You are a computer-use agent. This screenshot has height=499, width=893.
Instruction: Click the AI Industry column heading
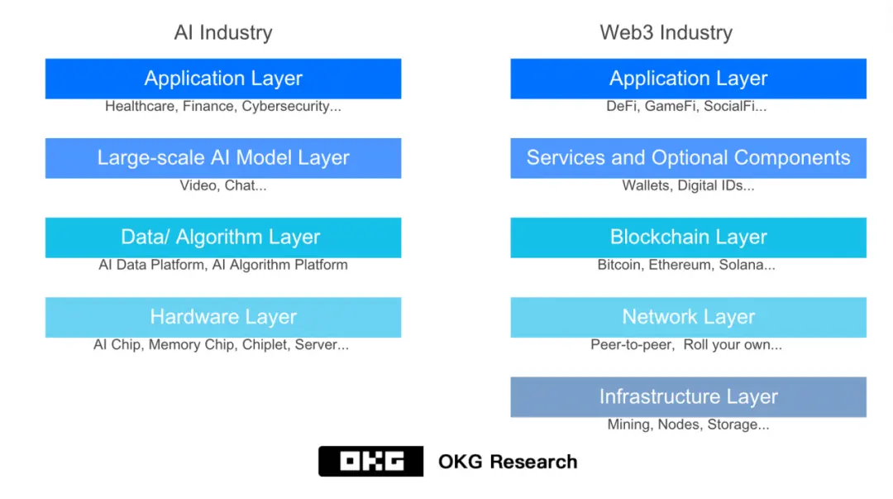[x=223, y=32]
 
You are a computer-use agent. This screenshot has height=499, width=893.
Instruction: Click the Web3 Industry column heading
[x=666, y=32]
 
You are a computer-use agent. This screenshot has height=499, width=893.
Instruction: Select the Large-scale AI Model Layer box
[x=223, y=158]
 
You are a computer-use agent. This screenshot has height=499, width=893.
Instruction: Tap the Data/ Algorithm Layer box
[x=223, y=238]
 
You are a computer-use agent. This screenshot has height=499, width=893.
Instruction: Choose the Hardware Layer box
[x=223, y=317]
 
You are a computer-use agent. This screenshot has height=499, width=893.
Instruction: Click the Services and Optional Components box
[x=689, y=158]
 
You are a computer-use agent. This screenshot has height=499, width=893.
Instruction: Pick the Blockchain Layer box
[x=689, y=238]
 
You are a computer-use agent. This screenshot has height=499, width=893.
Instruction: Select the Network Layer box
[x=689, y=317]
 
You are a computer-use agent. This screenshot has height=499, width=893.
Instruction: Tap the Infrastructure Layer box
[x=689, y=397]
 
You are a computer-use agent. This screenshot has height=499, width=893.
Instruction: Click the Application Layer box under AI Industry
[x=223, y=79]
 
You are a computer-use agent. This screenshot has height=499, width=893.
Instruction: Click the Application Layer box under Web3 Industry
[x=689, y=79]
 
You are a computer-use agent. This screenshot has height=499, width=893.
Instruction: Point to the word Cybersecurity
[x=285, y=107]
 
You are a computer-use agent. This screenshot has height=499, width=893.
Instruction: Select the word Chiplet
[x=265, y=345]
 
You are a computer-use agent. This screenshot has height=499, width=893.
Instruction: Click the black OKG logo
[x=370, y=462]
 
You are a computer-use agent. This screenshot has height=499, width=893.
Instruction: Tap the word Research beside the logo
[x=533, y=462]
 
